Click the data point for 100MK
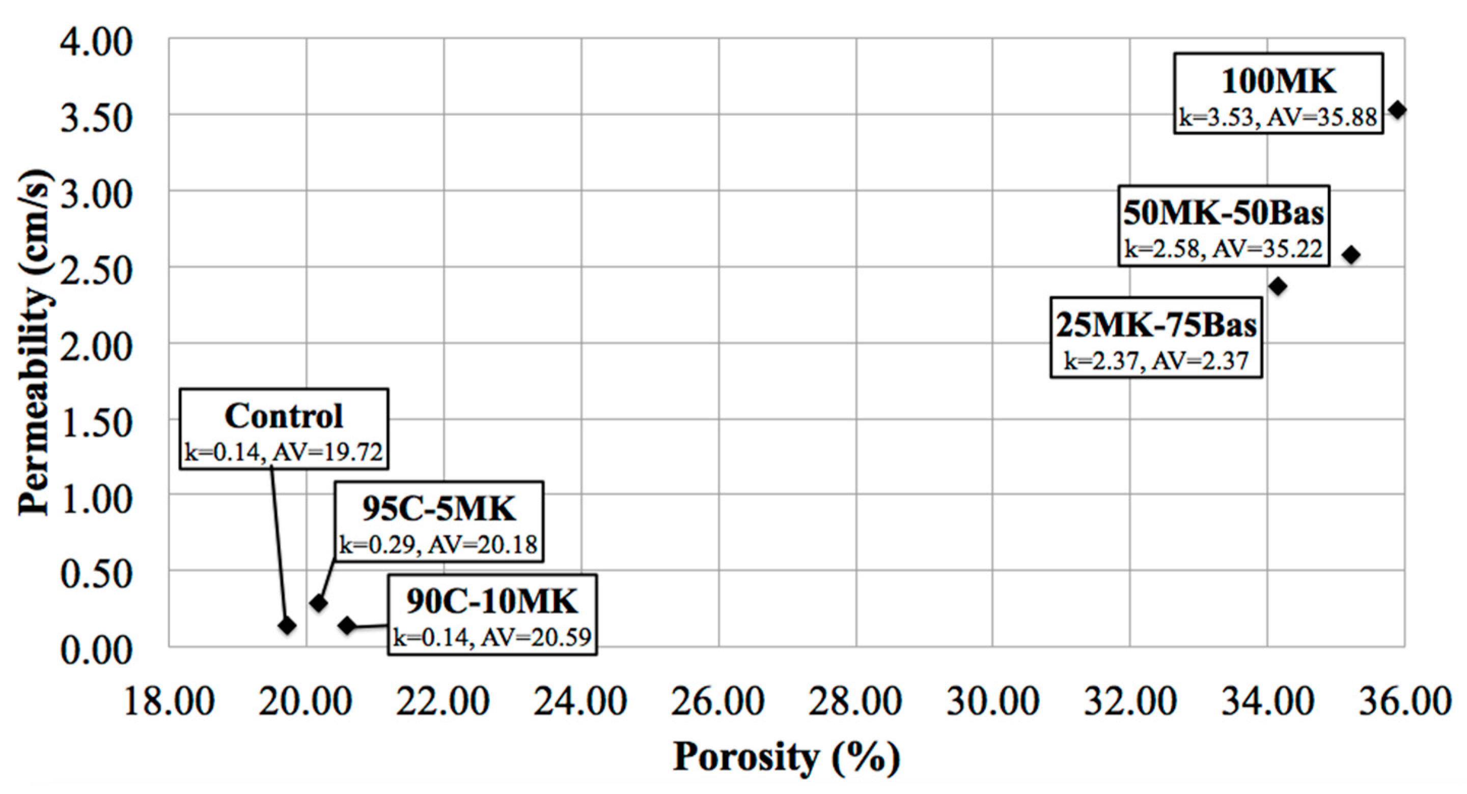1397,110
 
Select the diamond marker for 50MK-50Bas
1351,255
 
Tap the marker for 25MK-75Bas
1278,286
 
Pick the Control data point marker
287,626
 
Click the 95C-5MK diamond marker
318,603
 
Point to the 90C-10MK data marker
347,626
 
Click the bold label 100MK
1278,81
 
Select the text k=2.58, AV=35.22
1223,249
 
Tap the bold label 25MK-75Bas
1156,325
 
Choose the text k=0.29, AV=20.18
438,545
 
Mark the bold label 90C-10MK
492,602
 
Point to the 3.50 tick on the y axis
96,119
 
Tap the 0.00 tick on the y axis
96,650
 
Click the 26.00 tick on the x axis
717,702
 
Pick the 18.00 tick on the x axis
169,702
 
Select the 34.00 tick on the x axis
1268,702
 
